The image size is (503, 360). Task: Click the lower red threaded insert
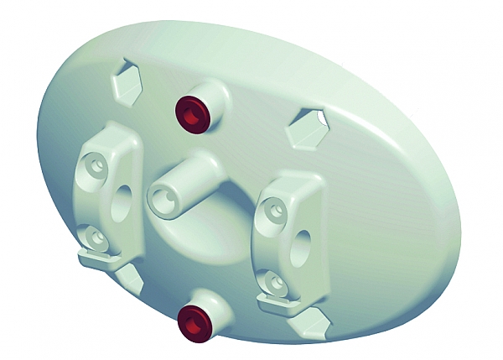[x=195, y=322]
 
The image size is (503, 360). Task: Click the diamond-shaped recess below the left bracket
[x=128, y=277]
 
